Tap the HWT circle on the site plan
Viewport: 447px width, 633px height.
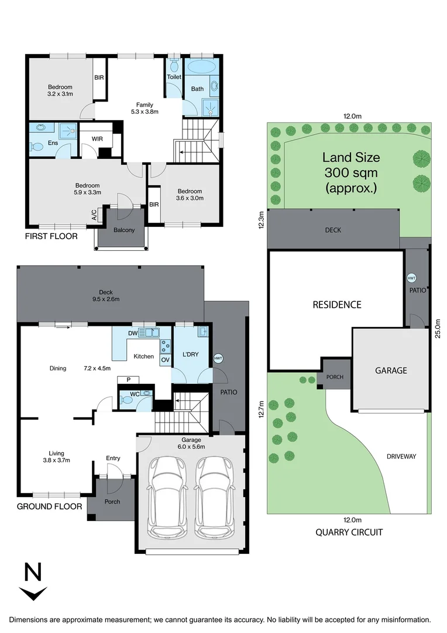tap(411, 277)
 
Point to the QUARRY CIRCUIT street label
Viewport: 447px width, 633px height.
tap(349, 532)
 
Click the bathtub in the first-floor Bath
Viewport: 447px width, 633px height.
tap(202, 66)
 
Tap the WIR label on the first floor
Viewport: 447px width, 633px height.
tap(97, 139)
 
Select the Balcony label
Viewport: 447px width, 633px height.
tap(124, 230)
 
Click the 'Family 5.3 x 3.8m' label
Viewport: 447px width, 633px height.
tap(144, 108)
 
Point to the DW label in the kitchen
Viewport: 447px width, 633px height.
tap(133, 332)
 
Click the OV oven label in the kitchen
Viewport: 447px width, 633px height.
tap(165, 359)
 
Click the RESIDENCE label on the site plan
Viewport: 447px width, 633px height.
tap(336, 305)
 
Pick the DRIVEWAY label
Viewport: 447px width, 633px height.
tap(401, 456)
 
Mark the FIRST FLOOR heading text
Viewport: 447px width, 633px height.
tap(51, 237)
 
